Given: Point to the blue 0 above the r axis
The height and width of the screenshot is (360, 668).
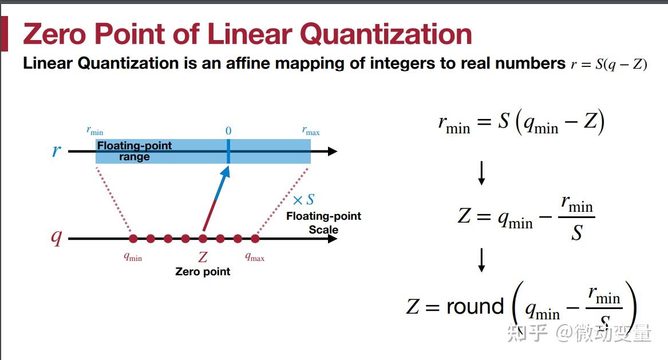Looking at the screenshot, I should [228, 131].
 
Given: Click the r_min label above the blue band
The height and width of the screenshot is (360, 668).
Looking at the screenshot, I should [95, 131].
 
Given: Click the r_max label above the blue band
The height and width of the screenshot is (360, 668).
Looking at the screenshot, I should [311, 131].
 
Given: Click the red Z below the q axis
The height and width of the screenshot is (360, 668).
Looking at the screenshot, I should [203, 258].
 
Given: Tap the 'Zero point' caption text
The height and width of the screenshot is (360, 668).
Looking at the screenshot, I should [203, 271].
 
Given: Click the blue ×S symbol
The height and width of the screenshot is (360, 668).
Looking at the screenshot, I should [303, 200].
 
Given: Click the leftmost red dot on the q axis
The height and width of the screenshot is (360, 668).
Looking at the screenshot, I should [133, 239].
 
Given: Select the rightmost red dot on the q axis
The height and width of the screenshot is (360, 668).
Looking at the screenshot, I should [255, 239].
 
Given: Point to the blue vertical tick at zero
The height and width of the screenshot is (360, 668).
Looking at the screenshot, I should [228, 152].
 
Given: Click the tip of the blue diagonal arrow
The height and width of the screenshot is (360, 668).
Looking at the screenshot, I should [227, 168].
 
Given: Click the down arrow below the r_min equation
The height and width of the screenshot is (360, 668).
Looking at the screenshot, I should [481, 173].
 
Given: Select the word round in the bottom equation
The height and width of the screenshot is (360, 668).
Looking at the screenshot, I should [475, 307].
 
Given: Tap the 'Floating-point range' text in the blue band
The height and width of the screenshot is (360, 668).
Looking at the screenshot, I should [135, 151].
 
